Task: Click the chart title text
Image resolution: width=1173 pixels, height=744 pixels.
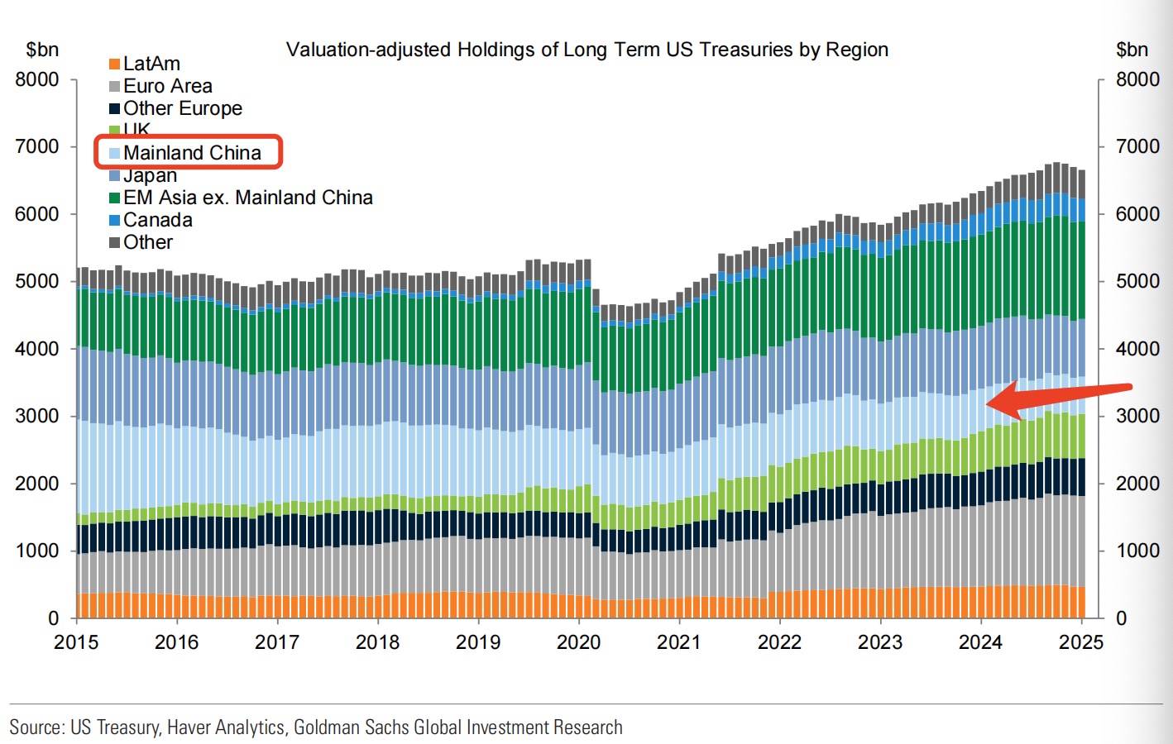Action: click(587, 50)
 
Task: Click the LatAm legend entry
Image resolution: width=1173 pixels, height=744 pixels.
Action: click(151, 64)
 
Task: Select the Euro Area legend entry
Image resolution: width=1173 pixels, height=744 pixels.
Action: click(167, 86)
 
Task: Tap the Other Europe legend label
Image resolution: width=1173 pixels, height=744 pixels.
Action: click(182, 108)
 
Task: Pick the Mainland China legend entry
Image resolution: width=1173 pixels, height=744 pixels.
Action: click(192, 153)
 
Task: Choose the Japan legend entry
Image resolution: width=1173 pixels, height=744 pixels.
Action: click(150, 175)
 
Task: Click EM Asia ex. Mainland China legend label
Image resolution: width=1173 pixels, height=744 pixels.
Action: click(247, 198)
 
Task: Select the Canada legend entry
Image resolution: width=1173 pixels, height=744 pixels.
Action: click(157, 220)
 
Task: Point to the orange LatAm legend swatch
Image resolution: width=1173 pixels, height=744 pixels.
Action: click(115, 64)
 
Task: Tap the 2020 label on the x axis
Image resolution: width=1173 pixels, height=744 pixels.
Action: click(578, 642)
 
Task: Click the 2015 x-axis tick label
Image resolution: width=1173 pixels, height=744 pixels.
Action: click(76, 642)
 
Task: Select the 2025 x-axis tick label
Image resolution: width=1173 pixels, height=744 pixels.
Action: click(1081, 642)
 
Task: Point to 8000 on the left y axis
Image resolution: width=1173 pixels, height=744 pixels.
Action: click(37, 79)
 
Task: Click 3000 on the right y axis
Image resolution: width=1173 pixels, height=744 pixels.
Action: click(1137, 416)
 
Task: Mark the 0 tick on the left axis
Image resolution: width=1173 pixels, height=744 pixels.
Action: click(53, 618)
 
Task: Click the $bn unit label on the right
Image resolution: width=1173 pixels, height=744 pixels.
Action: click(1131, 50)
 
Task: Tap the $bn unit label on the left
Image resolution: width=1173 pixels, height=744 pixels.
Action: click(42, 50)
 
